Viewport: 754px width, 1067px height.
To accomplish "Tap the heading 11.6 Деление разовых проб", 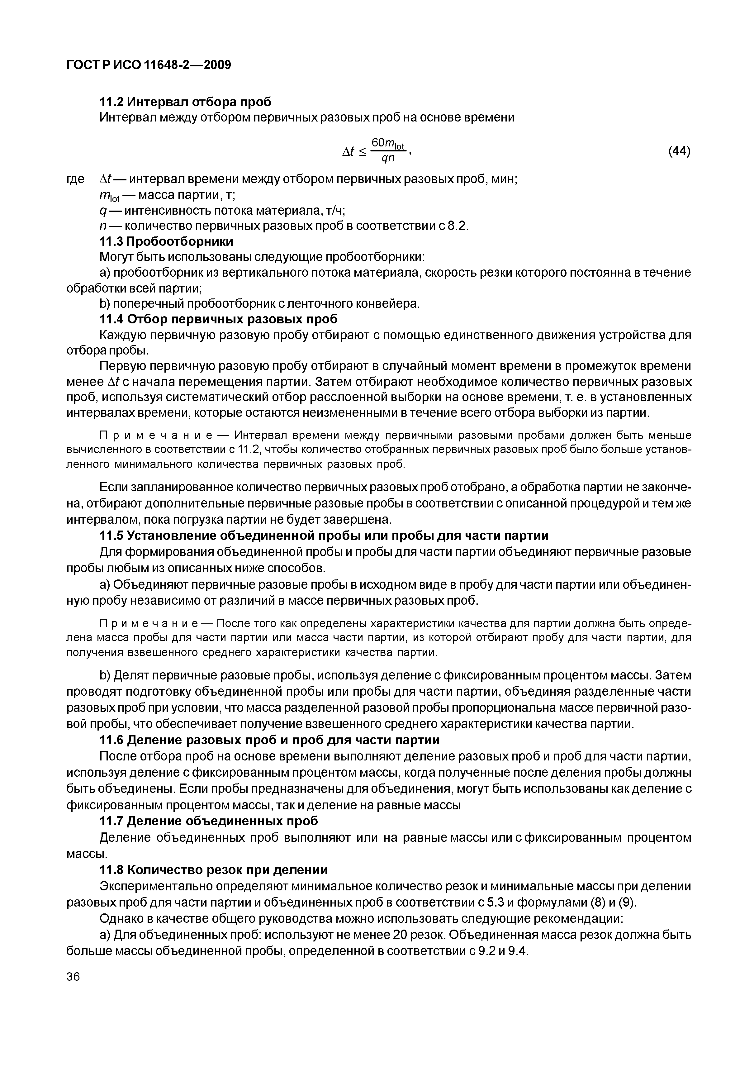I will tap(269, 739).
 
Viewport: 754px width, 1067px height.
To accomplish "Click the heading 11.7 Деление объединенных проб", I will tap(209, 821).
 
